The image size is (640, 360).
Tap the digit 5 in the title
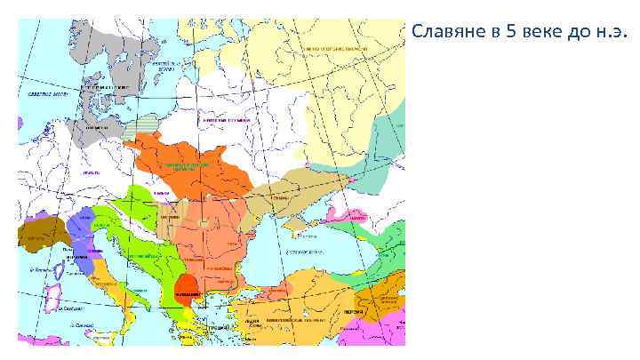click(x=510, y=35)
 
